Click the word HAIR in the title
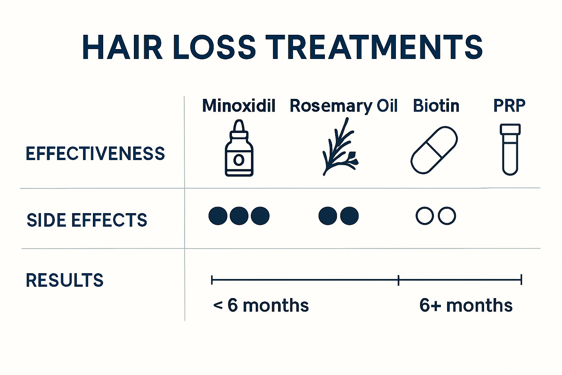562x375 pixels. (122, 47)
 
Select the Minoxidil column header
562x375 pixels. (239, 106)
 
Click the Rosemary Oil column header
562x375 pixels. (343, 106)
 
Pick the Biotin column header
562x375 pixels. (436, 106)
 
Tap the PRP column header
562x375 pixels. (509, 105)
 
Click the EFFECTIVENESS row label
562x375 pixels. (95, 153)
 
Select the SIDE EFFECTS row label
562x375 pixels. (87, 220)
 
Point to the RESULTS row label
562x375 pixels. (64, 280)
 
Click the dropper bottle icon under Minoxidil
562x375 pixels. (239, 148)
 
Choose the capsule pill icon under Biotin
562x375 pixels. (434, 150)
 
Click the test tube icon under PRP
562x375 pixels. (510, 149)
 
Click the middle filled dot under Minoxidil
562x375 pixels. (239, 216)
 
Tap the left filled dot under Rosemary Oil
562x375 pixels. (328, 216)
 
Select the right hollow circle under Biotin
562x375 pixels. (447, 216)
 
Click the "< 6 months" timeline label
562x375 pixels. (261, 305)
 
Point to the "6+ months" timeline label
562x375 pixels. (466, 305)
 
